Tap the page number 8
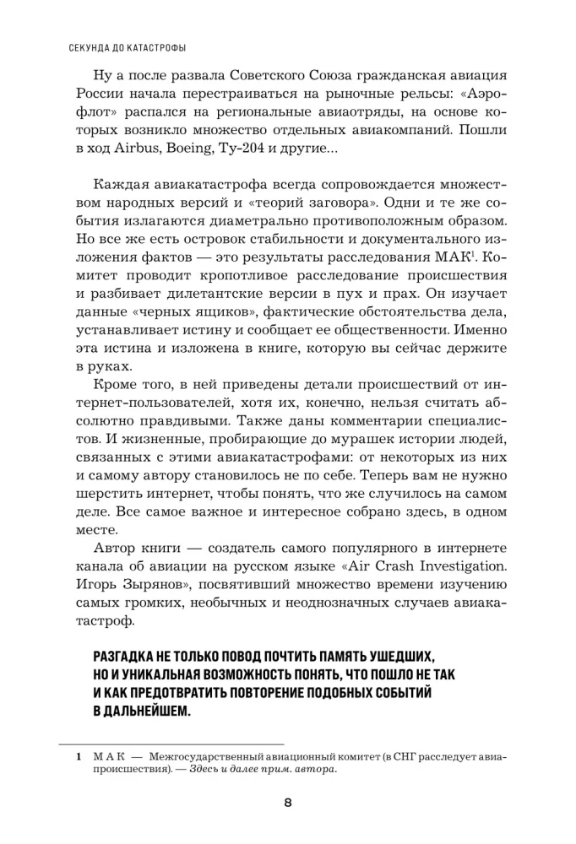(x=287, y=803)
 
